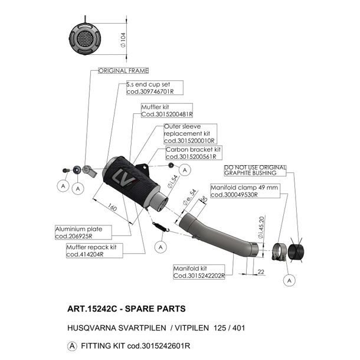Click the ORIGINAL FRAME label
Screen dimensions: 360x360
point(123,71)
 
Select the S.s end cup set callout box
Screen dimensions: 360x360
point(155,88)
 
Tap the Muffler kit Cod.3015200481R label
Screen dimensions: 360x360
point(167,110)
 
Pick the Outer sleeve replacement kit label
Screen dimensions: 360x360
point(190,134)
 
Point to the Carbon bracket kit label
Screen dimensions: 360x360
point(194,153)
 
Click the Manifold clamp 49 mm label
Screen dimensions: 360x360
point(245,191)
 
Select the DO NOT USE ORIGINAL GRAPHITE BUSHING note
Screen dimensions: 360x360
point(255,171)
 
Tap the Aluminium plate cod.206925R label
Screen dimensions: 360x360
point(83,233)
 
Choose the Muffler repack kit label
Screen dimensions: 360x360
point(94,251)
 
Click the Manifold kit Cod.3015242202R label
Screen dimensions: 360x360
point(199,272)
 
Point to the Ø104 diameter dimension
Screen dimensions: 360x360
point(123,40)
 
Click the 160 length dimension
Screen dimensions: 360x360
point(112,207)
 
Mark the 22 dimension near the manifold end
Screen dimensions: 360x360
point(261,272)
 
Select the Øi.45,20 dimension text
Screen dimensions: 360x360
point(261,228)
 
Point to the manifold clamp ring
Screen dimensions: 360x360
point(279,252)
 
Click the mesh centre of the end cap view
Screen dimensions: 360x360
point(85,38)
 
